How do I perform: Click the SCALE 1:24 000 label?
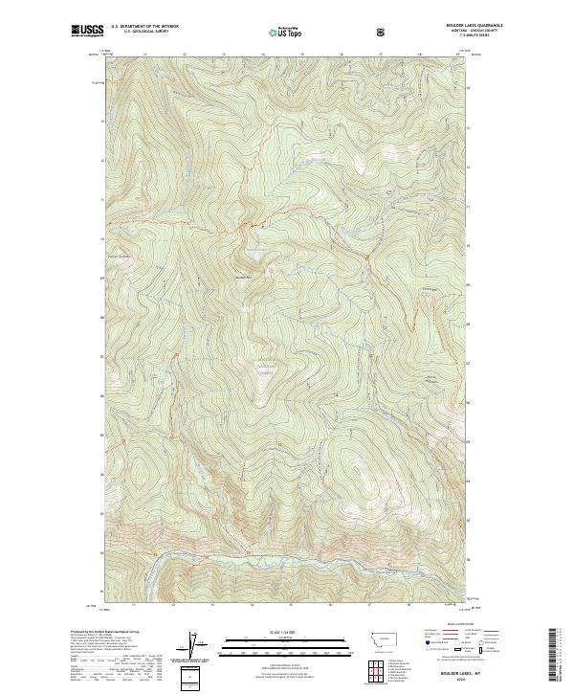pos(275,631)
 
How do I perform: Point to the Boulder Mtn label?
pos(243,278)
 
